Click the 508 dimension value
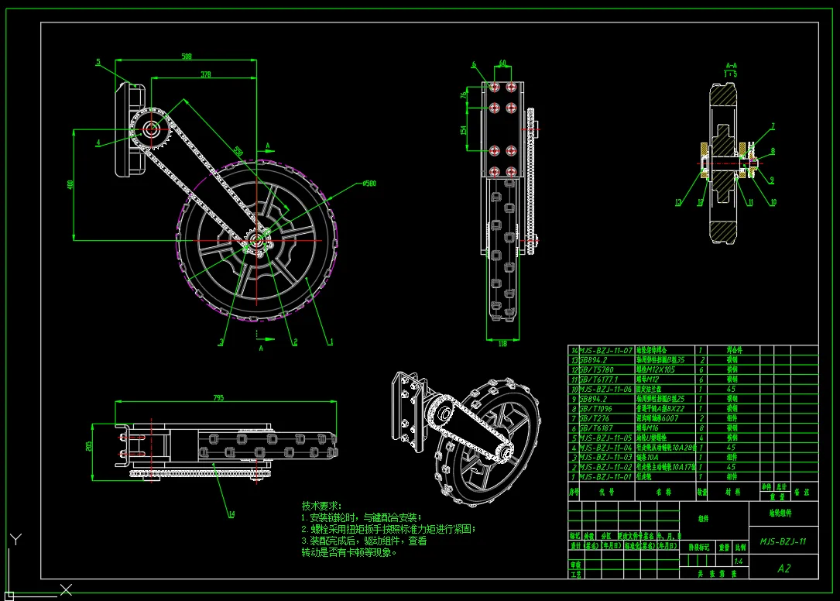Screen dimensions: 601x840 click(x=187, y=57)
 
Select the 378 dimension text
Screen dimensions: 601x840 click(x=205, y=74)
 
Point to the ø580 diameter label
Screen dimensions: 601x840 click(x=368, y=184)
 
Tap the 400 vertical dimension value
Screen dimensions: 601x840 click(x=70, y=184)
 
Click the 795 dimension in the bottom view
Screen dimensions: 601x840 click(x=218, y=397)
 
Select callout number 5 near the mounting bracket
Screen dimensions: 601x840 click(x=98, y=62)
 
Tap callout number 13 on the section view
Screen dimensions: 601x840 click(x=677, y=204)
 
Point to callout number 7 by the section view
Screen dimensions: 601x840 click(x=772, y=125)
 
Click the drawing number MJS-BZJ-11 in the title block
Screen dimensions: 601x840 click(x=783, y=541)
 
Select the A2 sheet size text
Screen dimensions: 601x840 click(x=783, y=568)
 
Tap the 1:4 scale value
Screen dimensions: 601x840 click(x=739, y=561)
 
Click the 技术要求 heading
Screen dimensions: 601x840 click(x=321, y=505)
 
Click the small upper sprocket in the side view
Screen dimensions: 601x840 click(x=152, y=129)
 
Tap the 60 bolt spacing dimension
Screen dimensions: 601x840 click(x=502, y=63)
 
